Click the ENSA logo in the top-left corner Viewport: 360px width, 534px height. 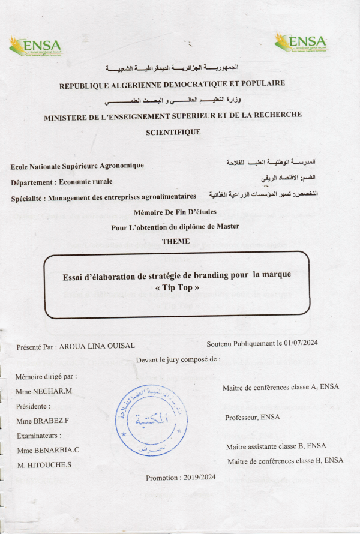tap(35, 46)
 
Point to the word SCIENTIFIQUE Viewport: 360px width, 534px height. tap(173, 131)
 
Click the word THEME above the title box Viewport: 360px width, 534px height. tap(175, 241)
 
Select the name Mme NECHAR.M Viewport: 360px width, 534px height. tap(44, 391)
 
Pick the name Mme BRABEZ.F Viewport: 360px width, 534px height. tap(44, 421)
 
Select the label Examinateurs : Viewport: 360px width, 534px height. tap(40, 436)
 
